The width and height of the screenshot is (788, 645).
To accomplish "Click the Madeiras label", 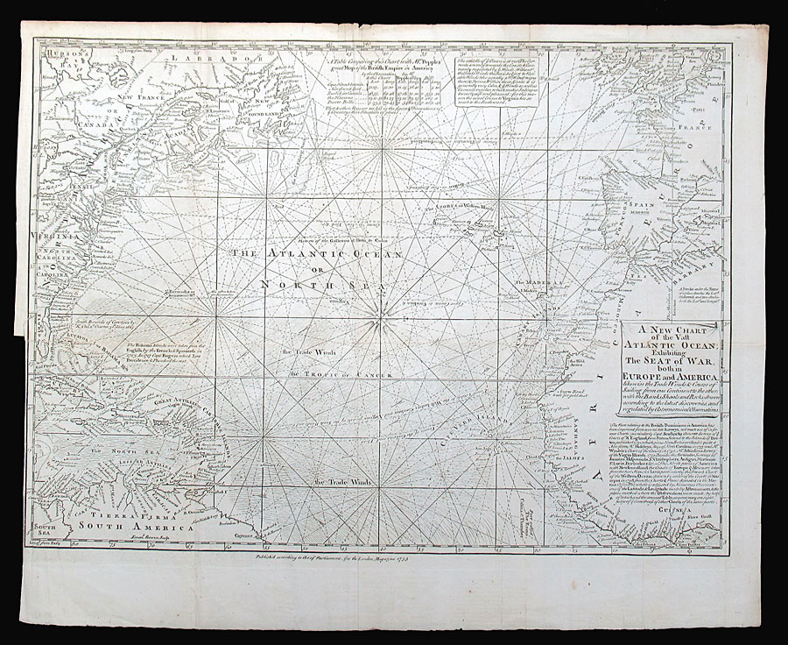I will (541, 282).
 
